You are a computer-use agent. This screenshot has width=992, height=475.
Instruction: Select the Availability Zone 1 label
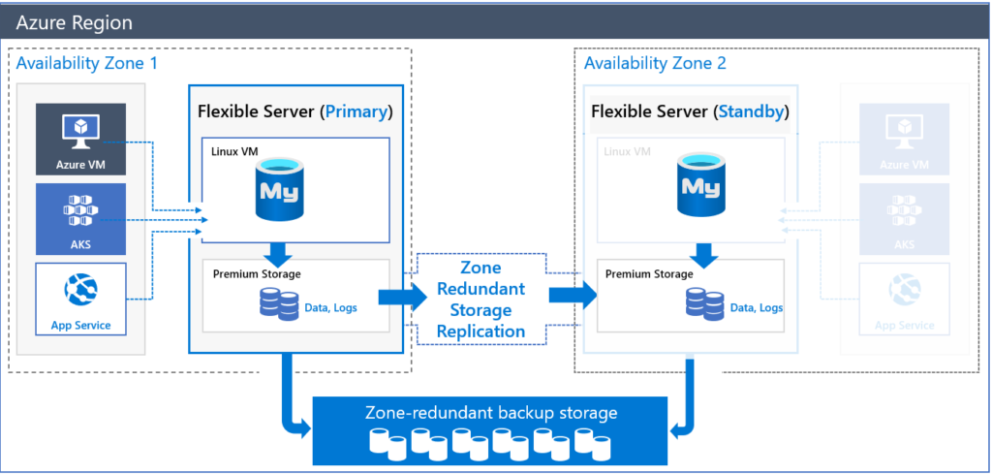[86, 63]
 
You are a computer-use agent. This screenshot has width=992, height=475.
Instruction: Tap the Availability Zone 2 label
[655, 63]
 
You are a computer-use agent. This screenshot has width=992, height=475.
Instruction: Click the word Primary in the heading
[356, 111]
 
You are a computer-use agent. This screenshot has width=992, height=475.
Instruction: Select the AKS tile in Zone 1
[81, 219]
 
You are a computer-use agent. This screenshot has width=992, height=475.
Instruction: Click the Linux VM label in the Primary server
[235, 151]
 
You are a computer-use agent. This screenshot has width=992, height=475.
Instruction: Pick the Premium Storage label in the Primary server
[257, 273]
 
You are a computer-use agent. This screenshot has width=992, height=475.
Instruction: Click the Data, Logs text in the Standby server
[757, 307]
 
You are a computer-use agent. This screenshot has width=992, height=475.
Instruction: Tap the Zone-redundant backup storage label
[491, 413]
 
